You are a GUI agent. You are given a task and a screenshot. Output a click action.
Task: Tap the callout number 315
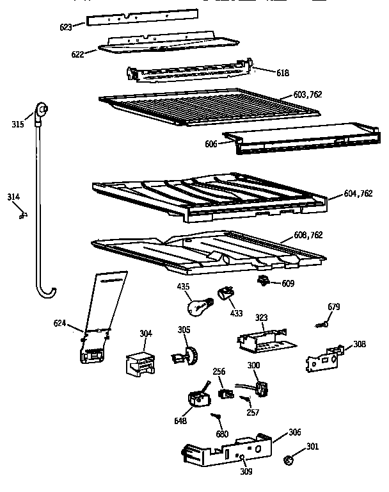point(17,124)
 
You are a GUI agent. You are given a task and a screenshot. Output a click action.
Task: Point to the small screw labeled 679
point(322,325)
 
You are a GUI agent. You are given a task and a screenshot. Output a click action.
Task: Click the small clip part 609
point(263,280)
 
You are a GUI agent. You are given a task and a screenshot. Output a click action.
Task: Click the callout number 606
point(211,143)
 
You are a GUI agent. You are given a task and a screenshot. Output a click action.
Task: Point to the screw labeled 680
point(218,418)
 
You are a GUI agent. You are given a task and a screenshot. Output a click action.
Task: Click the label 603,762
point(308,95)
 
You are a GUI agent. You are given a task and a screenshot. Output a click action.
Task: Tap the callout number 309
point(246,472)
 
